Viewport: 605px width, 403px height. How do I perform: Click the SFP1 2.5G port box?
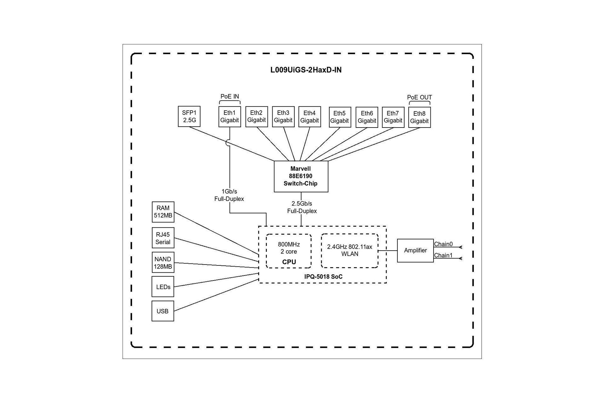click(189, 116)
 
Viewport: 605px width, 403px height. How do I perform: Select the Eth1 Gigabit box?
click(230, 116)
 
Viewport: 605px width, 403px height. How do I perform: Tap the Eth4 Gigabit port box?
click(309, 116)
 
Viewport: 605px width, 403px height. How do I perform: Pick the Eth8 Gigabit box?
click(419, 117)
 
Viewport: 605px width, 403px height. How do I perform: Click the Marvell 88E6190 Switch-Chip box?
click(301, 176)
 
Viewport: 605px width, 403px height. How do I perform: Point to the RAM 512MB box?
click(163, 212)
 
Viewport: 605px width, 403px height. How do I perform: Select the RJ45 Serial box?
click(163, 238)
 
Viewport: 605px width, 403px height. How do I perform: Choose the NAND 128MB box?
click(163, 263)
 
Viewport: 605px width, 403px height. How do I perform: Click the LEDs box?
click(163, 287)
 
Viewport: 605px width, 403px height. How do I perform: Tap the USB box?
click(163, 311)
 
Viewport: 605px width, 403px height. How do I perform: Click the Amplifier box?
click(415, 250)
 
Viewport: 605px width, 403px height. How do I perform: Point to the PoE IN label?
click(230, 97)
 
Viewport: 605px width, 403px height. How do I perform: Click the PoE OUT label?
click(419, 97)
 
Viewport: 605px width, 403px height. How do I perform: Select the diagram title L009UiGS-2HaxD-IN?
click(306, 70)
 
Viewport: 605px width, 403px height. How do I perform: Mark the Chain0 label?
click(443, 244)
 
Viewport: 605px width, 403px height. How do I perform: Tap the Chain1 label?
click(443, 255)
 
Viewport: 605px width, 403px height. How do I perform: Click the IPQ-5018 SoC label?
click(323, 277)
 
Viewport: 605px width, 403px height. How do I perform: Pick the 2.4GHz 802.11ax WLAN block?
click(349, 251)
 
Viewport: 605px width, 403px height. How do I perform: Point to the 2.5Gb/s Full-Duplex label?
click(302, 207)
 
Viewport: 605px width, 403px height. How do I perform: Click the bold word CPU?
click(289, 262)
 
